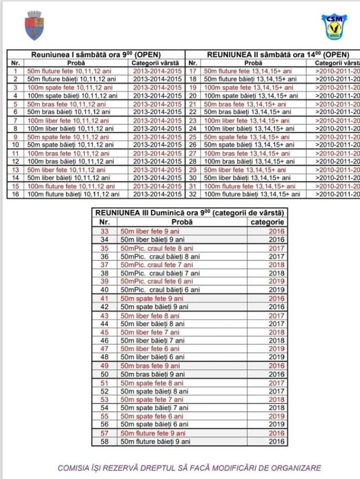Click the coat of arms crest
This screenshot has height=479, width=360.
click(34, 24)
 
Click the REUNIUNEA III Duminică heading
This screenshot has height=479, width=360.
click(190, 212)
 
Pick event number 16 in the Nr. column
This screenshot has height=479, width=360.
click(15, 194)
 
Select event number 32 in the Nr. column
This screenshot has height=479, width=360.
click(193, 194)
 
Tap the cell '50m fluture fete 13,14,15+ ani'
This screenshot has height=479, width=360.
click(248, 72)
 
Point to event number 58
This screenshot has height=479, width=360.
click(104, 441)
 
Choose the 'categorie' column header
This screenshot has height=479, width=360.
click(267, 222)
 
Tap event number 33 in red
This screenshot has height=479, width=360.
click(104, 231)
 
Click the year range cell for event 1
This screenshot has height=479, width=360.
click(157, 72)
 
